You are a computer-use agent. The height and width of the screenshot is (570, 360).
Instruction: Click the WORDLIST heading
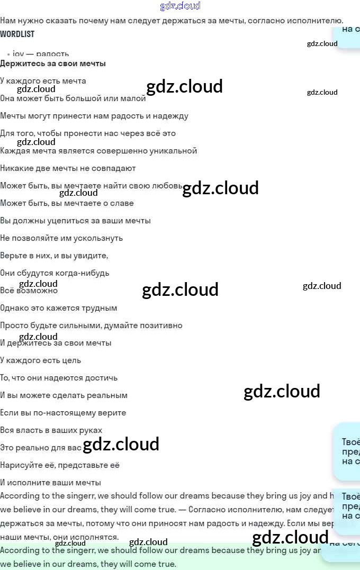(17, 34)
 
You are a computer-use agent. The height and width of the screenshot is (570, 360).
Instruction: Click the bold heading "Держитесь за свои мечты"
(53, 64)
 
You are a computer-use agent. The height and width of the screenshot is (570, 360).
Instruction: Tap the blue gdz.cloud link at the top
(180, 6)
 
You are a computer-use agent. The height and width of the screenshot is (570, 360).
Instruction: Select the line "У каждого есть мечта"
(43, 81)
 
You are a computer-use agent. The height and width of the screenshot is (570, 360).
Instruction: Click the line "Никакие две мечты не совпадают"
(68, 168)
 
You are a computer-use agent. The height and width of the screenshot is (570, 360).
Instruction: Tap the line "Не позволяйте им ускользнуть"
(61, 238)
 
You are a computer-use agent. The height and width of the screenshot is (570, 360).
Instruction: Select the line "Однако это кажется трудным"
(58, 308)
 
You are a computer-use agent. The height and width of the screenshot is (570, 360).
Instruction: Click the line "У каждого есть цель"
(41, 360)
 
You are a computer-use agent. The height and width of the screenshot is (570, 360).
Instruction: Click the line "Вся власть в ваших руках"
(51, 430)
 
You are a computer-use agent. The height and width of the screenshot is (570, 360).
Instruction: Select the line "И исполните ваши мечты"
(50, 483)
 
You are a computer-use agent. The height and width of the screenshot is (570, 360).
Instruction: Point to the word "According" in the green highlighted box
(20, 550)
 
